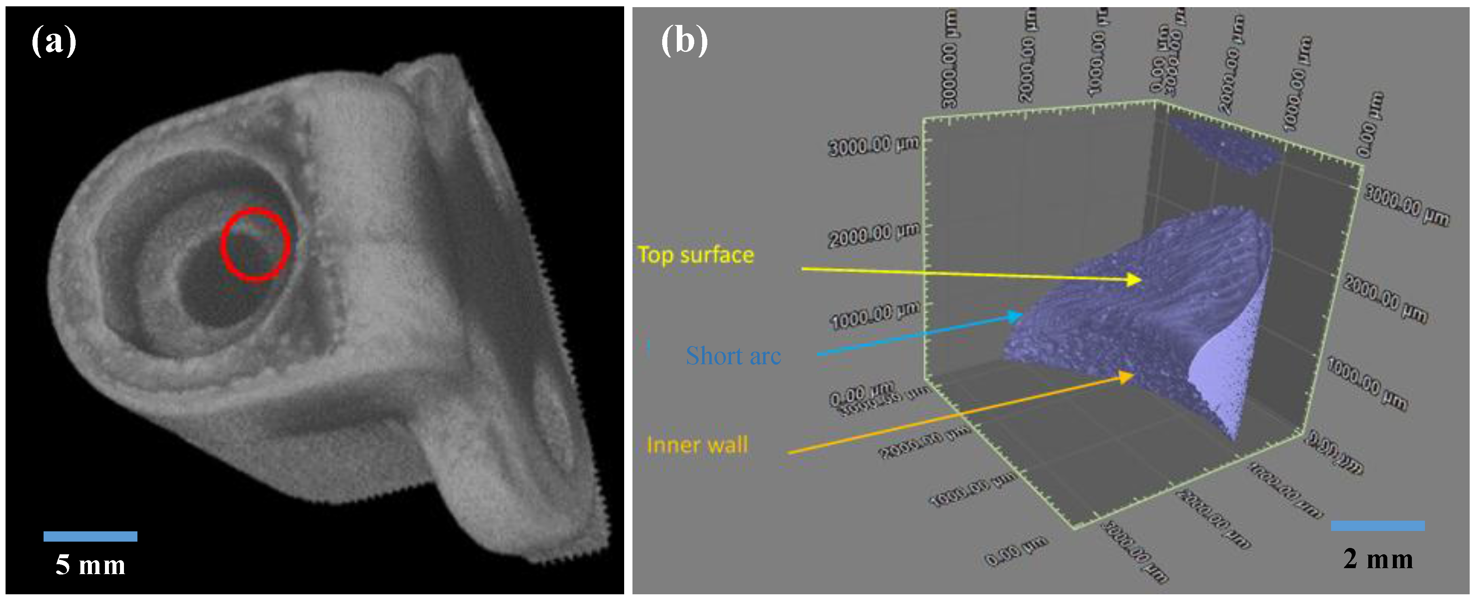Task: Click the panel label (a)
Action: [53, 41]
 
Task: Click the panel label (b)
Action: [684, 41]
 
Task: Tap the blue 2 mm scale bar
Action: [1377, 525]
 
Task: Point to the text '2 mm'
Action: [1377, 559]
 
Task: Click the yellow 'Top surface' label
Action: [695, 255]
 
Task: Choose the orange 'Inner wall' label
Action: [697, 445]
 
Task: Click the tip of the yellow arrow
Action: [1141, 280]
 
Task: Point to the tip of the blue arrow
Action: [1022, 314]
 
